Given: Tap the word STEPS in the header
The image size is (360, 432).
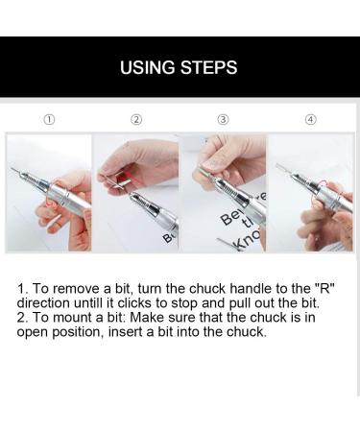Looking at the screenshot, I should pyautogui.click(x=208, y=68).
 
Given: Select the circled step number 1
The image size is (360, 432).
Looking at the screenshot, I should pyautogui.click(x=49, y=120).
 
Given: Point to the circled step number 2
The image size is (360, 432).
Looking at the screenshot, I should pyautogui.click(x=136, y=120).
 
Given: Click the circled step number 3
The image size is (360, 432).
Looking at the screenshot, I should pyautogui.click(x=223, y=120).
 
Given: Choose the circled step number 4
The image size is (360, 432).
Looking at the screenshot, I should pyautogui.click(x=310, y=120).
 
